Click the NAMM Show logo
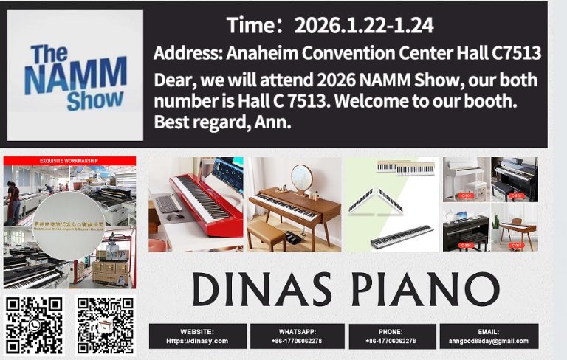[x=75, y=75]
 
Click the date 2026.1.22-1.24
[x=363, y=27]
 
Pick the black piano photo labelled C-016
[x=514, y=179]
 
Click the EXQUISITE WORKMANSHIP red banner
[x=70, y=160]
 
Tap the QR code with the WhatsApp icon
[x=34, y=325]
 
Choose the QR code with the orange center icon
[x=106, y=325]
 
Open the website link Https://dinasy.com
[x=196, y=341]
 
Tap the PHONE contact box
[x=390, y=336]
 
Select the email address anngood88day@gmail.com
[x=488, y=341]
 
